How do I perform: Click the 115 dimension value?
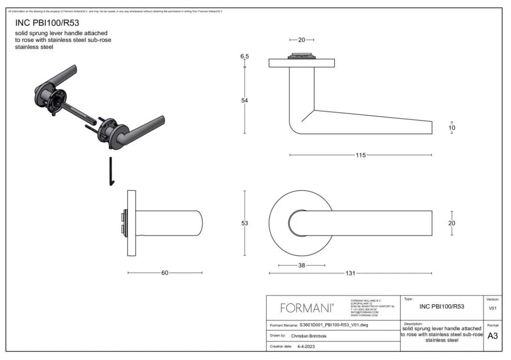(360, 155)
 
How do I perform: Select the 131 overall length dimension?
(350, 273)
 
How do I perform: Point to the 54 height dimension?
(245, 101)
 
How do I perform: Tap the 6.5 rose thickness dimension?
(244, 56)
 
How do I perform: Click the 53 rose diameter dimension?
(245, 223)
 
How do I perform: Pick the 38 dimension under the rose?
(301, 265)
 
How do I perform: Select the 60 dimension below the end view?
(165, 273)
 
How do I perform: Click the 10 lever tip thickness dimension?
(452, 128)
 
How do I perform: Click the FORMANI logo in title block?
(307, 308)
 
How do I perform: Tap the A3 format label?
(492, 336)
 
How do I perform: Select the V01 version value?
(492, 308)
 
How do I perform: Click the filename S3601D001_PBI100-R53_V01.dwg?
(334, 325)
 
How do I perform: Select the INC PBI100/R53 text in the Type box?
(441, 307)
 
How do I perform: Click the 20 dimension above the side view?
(301, 40)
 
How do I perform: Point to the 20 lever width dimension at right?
(452, 223)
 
